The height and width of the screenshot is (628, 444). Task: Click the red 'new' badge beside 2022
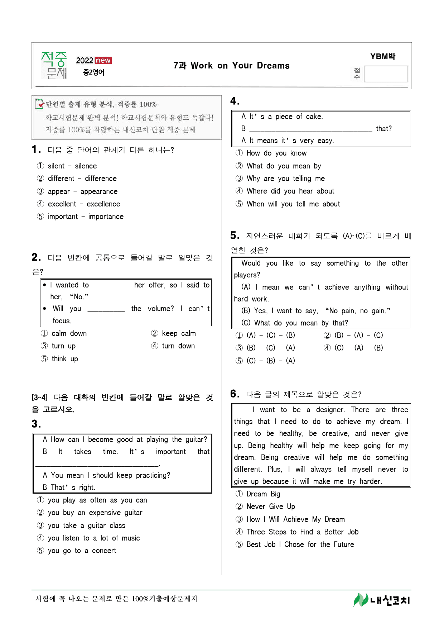103,60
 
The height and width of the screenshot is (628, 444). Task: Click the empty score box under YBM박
386,74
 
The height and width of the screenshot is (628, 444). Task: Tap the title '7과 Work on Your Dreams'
231,66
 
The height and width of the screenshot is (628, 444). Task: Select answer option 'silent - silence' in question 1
72,166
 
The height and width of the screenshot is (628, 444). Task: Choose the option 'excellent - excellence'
84,204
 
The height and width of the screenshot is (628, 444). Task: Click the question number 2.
36,257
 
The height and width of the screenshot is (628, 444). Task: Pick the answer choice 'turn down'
178,346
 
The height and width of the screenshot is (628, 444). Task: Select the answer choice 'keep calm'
178,333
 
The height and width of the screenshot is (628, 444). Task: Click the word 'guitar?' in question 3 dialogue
196,439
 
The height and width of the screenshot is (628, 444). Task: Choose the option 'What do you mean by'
283,166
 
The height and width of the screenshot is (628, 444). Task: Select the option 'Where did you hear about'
290,191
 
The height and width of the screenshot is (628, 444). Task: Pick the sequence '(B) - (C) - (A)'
270,348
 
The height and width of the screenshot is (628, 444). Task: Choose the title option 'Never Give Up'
270,506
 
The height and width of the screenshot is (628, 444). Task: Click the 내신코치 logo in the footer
381,600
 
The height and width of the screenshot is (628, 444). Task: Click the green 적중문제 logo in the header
54,65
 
